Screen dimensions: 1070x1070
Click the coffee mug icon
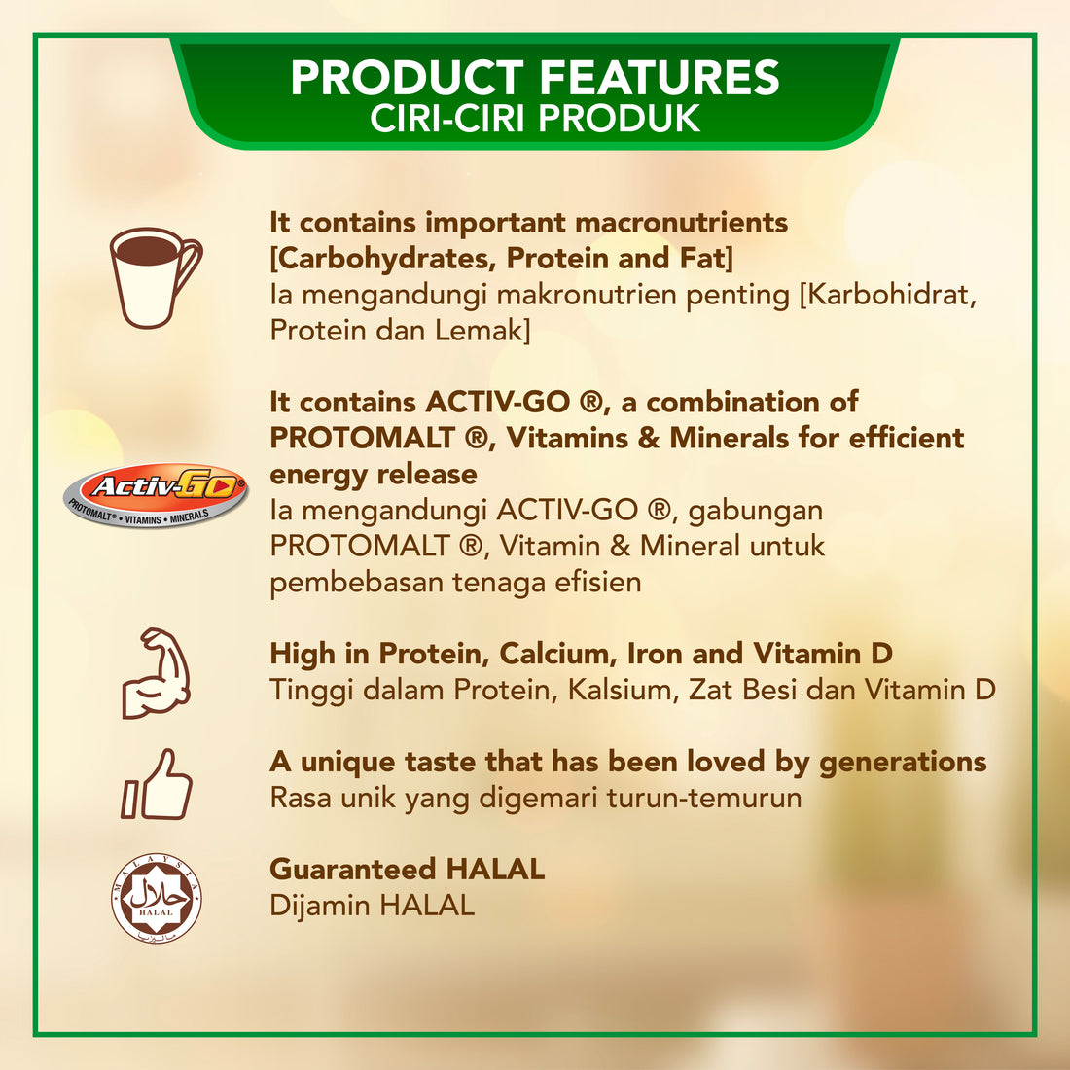pos(154,277)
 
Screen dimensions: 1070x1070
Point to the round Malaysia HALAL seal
pos(157,898)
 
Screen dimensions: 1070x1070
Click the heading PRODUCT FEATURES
pos(535,78)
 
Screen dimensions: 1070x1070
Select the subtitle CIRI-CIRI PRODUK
pos(535,119)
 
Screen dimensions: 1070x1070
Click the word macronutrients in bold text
pos(681,223)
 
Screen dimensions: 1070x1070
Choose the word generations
pos(903,763)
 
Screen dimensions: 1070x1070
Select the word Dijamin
pos(320,907)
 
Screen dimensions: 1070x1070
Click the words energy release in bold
pos(374,475)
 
